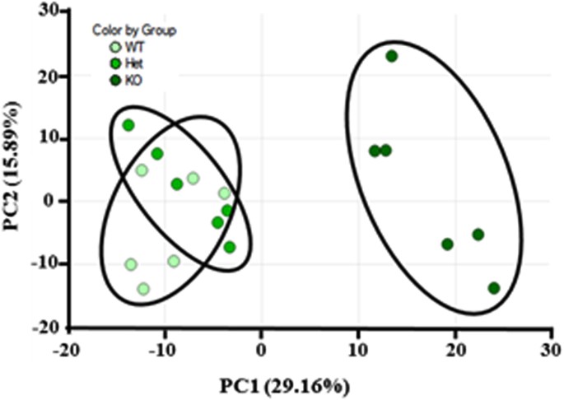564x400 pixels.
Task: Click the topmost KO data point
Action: (392, 56)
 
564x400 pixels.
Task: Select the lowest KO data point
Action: (494, 288)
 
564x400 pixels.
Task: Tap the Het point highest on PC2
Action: (128, 125)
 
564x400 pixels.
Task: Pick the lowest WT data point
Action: (143, 289)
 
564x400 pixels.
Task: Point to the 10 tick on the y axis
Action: (53, 138)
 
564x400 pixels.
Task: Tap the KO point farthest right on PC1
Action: (494, 288)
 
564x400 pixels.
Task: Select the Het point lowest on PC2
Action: (230, 247)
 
